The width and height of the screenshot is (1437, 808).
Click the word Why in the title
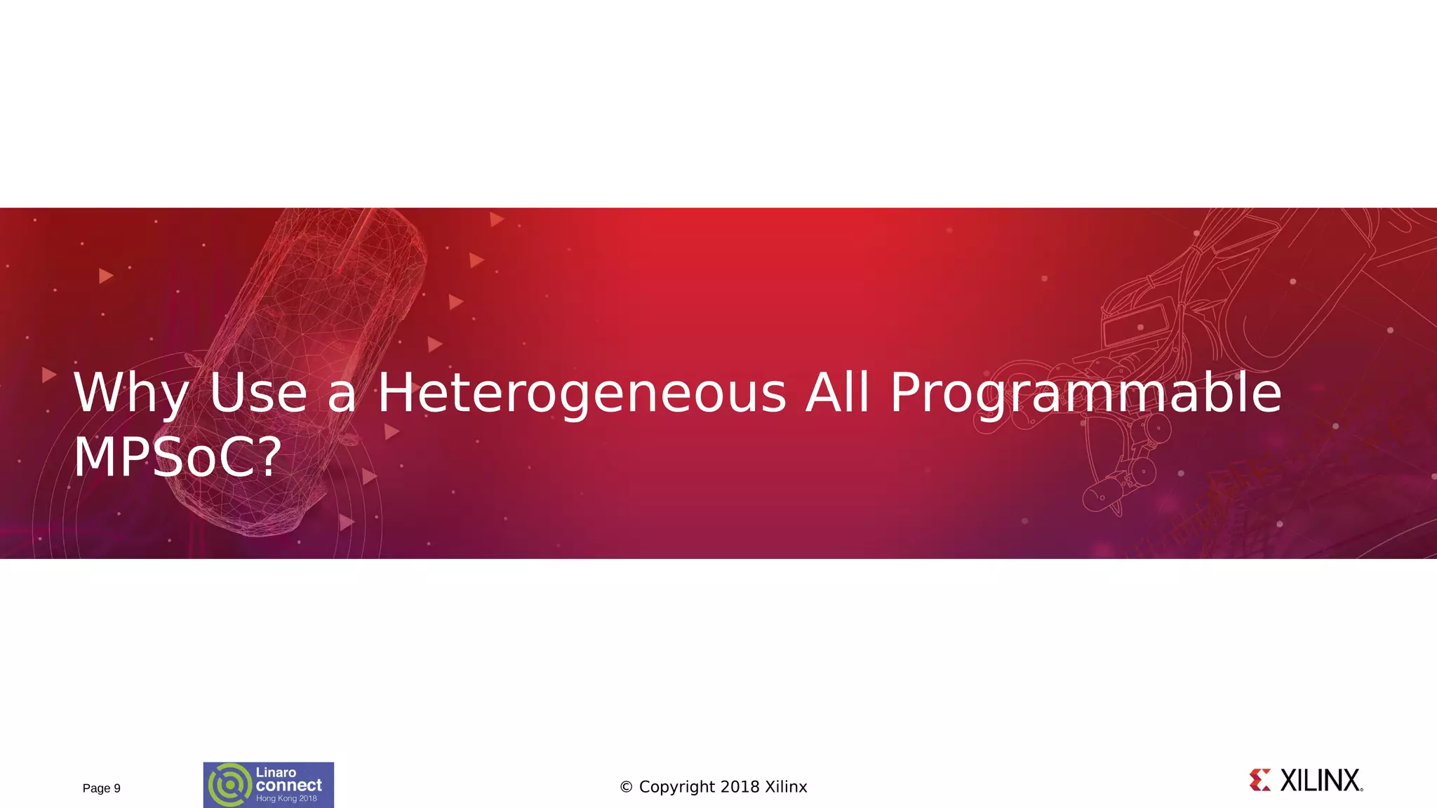pos(131,393)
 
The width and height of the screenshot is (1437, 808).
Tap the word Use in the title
pos(258,393)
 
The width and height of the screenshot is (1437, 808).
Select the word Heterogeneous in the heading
pos(582,393)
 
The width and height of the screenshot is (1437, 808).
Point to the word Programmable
pos(1085,393)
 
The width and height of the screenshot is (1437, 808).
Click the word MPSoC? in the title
pos(178,457)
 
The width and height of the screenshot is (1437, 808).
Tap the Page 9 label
pos(102,788)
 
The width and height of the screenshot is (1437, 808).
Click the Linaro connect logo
pos(269,785)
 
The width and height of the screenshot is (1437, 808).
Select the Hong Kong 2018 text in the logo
pos(286,799)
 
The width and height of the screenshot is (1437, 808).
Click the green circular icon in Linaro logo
pos(229,785)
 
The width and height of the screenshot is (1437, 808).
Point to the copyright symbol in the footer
pos(626,787)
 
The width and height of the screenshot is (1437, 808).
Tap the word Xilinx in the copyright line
pos(786,787)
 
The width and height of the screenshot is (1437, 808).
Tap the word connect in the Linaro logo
pos(288,786)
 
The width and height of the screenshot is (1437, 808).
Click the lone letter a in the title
pos(342,396)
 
